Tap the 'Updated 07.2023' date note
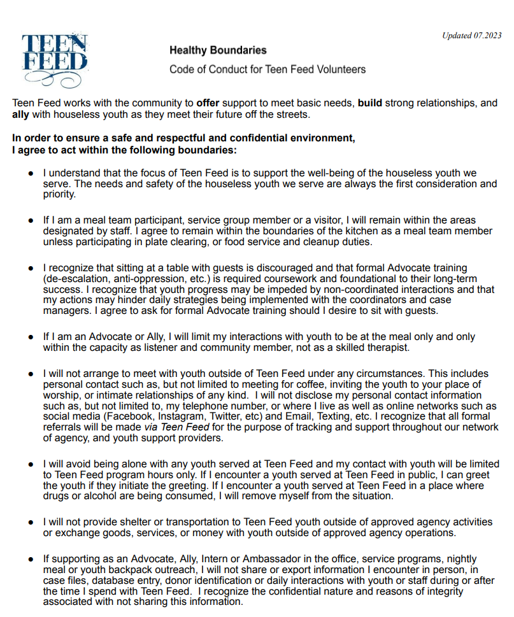[x=472, y=35]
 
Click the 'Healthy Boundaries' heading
[x=218, y=50]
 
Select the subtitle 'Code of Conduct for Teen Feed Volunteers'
[x=268, y=69]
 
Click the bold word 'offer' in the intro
[x=208, y=103]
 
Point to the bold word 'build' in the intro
[x=370, y=103]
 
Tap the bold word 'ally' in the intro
[x=21, y=115]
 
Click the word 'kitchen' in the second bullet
[x=294, y=232]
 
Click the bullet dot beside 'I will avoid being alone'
[x=31, y=465]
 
